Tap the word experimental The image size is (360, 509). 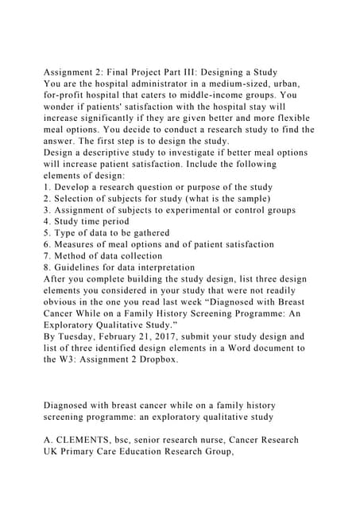193,210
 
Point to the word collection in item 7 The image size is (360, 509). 137,255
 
